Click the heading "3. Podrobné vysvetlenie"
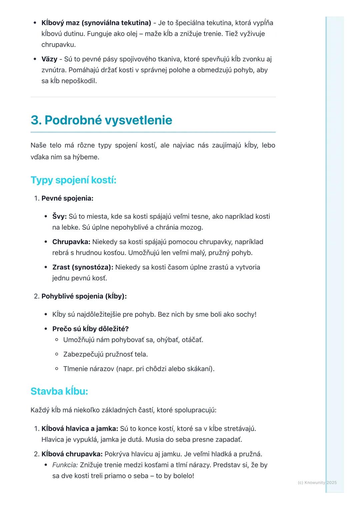click(x=101, y=120)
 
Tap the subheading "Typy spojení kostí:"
click(x=73, y=180)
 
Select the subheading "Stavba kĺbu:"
click(x=59, y=391)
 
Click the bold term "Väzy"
click(x=49, y=59)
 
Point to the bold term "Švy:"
click(x=59, y=217)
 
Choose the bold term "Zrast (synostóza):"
click(x=83, y=267)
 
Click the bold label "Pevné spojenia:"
click(x=67, y=199)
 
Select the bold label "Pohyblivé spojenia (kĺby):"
click(x=84, y=296)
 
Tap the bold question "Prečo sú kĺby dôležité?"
click(x=90, y=329)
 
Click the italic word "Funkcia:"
click(x=65, y=465)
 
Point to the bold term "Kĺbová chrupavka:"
click(x=72, y=454)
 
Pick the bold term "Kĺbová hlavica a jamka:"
click(x=80, y=428)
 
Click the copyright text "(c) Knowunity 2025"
click(x=317, y=483)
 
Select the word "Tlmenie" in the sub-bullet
click(x=76, y=369)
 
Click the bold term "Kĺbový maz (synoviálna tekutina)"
click(x=96, y=23)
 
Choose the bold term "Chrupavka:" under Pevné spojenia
click(x=71, y=242)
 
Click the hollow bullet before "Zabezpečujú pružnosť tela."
click(x=57, y=354)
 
